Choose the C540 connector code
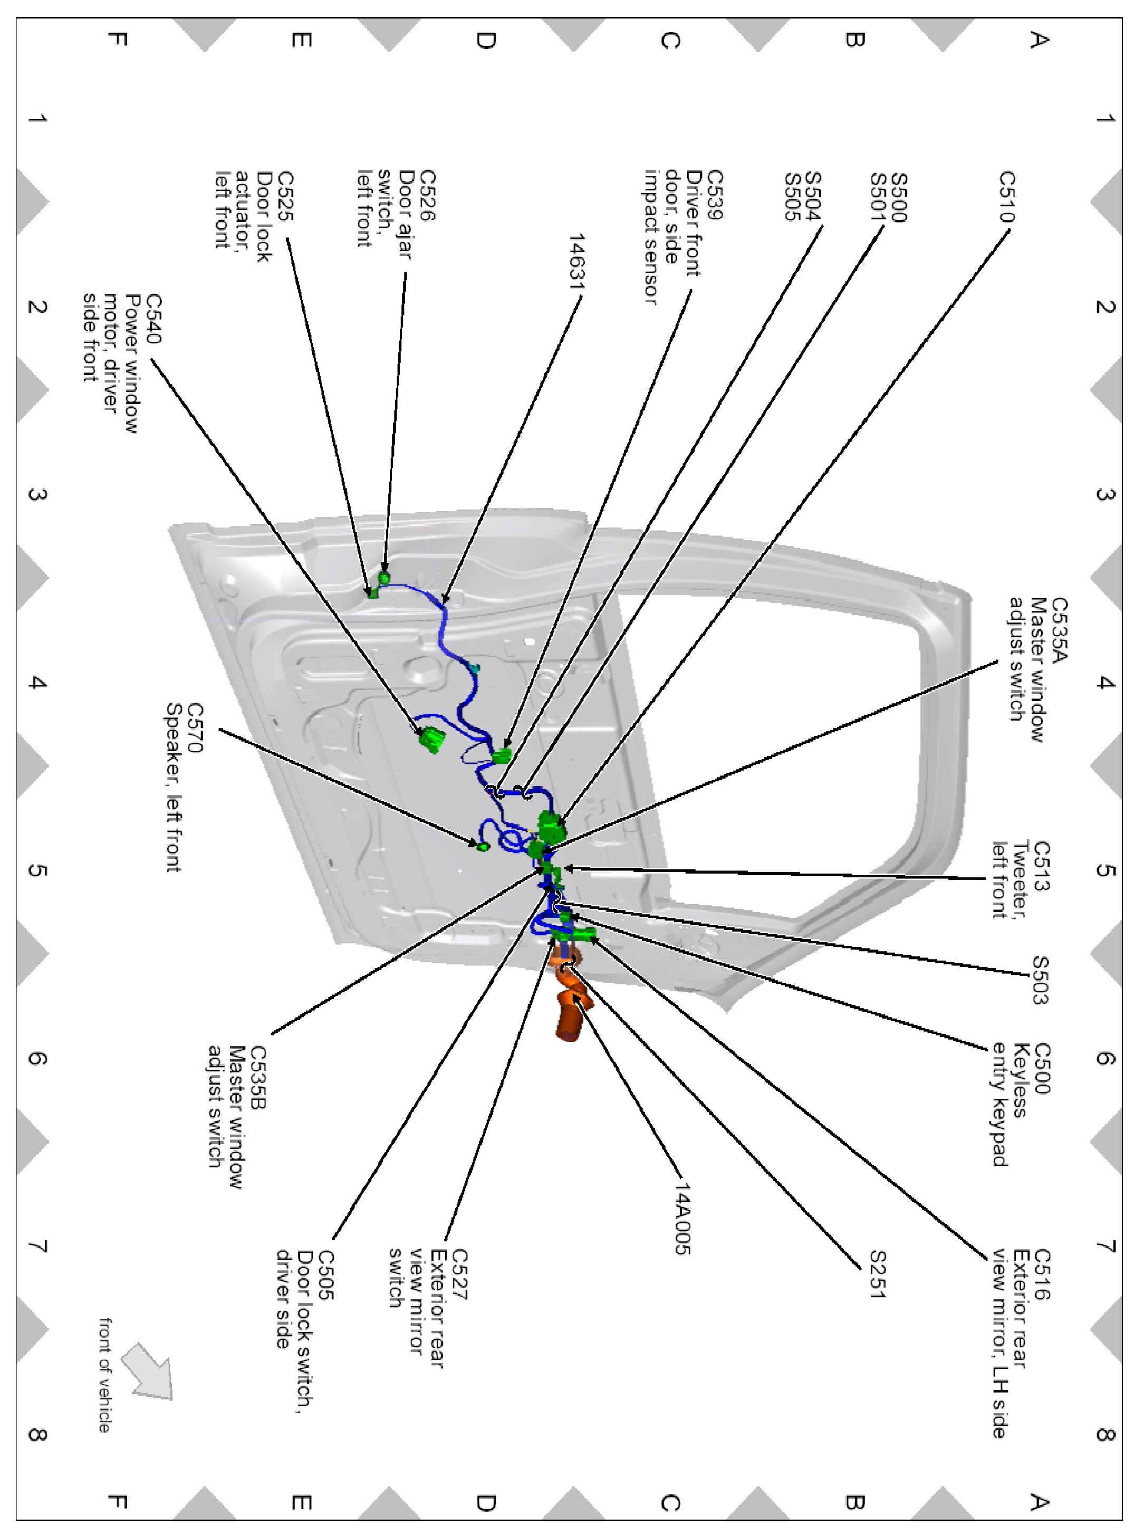point(153,319)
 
